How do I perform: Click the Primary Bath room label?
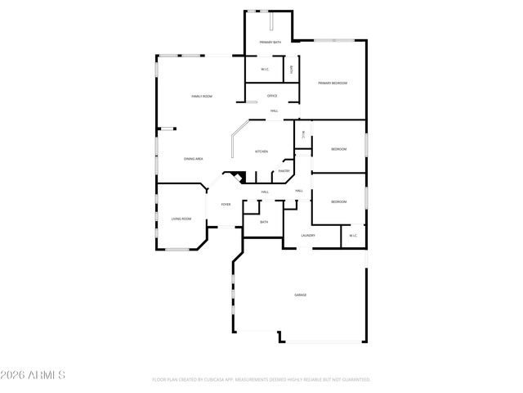[x=270, y=42]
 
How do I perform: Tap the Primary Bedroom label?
[x=333, y=84]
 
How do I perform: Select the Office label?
[x=272, y=96]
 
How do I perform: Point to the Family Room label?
[x=202, y=97]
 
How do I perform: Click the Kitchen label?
[x=261, y=151]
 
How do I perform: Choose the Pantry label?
[x=284, y=171]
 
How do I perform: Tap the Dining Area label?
[x=194, y=159]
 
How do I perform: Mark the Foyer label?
[x=226, y=204]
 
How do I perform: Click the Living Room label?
[x=181, y=219]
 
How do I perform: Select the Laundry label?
[x=308, y=236]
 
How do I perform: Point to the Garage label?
[x=301, y=295]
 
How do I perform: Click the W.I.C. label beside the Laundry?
[x=353, y=236]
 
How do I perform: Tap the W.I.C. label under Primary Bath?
[x=266, y=70]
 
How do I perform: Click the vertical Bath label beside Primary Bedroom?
[x=291, y=70]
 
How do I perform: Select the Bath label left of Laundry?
[x=264, y=222]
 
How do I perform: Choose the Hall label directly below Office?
[x=274, y=111]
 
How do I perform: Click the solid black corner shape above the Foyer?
[x=236, y=176]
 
